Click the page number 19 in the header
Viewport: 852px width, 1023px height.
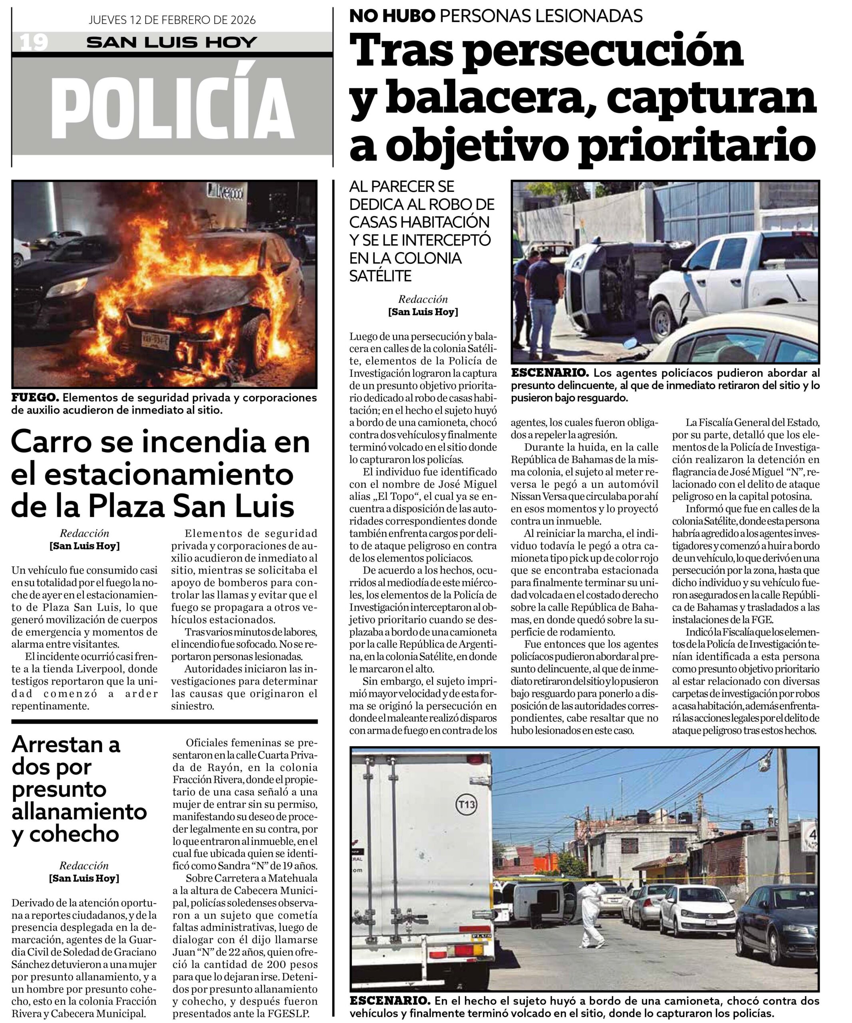coord(34,42)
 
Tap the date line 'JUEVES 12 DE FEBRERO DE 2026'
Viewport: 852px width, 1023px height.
coord(172,20)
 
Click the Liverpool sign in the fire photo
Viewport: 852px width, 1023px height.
coord(225,191)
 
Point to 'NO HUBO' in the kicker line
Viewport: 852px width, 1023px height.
coord(392,16)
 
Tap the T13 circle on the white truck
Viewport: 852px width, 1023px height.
coord(466,804)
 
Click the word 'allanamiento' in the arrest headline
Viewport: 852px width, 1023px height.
coord(79,811)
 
